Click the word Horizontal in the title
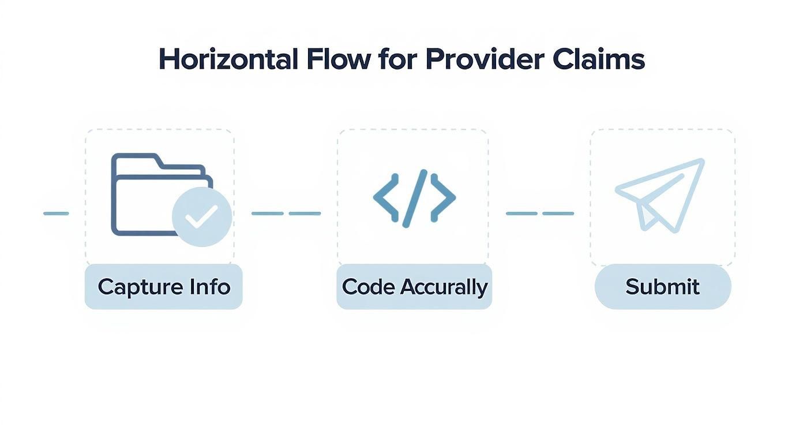point(228,59)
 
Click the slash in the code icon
point(414,197)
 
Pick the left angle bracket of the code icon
point(385,197)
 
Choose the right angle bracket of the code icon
point(443,197)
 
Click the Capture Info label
point(164,287)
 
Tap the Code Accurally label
point(414,287)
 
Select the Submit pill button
point(663,287)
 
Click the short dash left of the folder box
point(56,214)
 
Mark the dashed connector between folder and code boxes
point(286,214)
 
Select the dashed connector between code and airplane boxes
point(540,214)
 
